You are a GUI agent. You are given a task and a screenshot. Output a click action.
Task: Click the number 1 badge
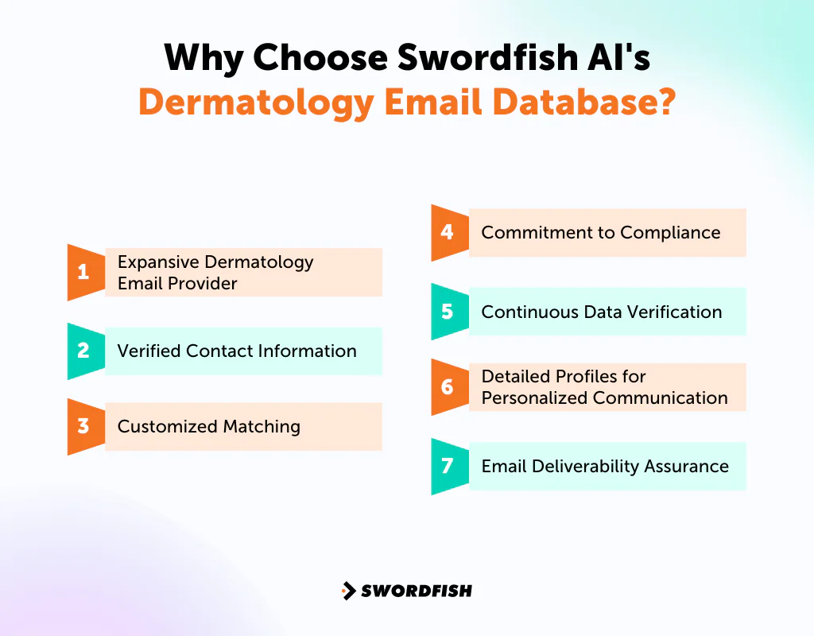click(x=83, y=273)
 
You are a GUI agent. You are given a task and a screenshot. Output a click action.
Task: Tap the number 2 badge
click(x=83, y=351)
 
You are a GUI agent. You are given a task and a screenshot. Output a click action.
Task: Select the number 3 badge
click(x=83, y=427)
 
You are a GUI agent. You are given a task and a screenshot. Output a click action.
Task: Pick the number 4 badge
click(x=448, y=232)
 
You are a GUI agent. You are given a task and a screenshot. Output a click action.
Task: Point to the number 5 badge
click(x=448, y=312)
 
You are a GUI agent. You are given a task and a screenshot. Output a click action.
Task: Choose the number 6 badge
click(x=448, y=387)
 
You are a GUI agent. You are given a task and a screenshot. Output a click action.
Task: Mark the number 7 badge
click(x=448, y=466)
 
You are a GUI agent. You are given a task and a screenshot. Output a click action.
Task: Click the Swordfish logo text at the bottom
click(x=417, y=591)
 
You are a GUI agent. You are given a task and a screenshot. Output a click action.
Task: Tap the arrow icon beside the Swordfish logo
click(x=348, y=591)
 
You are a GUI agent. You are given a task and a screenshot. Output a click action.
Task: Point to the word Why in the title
click(x=203, y=59)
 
